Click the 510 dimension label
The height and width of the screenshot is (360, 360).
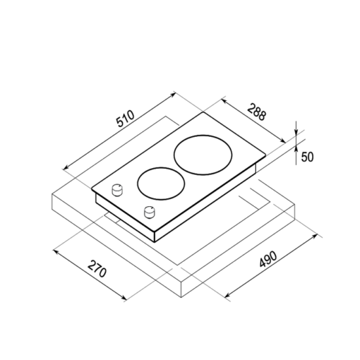point(126,119)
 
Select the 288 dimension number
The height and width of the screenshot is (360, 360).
point(256,112)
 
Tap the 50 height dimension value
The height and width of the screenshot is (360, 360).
point(307,157)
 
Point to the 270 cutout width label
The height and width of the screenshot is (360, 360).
point(97,269)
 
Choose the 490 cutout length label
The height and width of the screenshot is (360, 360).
point(268,259)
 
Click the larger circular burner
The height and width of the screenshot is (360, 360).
point(203,135)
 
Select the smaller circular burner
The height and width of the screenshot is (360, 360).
point(161,167)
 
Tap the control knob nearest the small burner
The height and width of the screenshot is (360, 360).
point(116,190)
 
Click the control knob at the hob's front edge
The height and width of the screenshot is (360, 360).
point(150,212)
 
